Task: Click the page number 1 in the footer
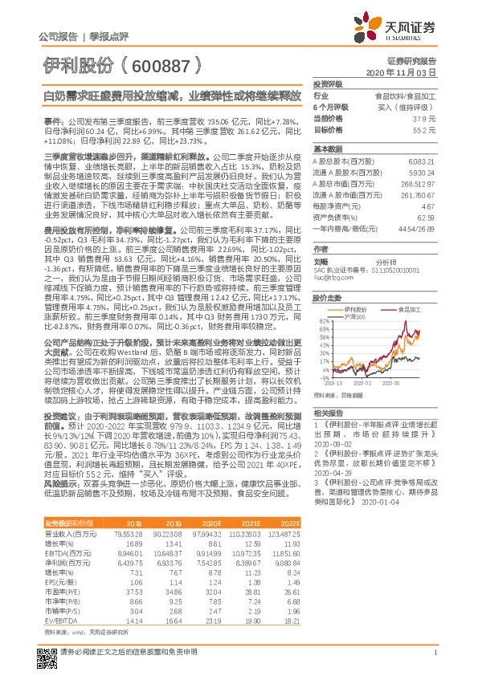point(434,651)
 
